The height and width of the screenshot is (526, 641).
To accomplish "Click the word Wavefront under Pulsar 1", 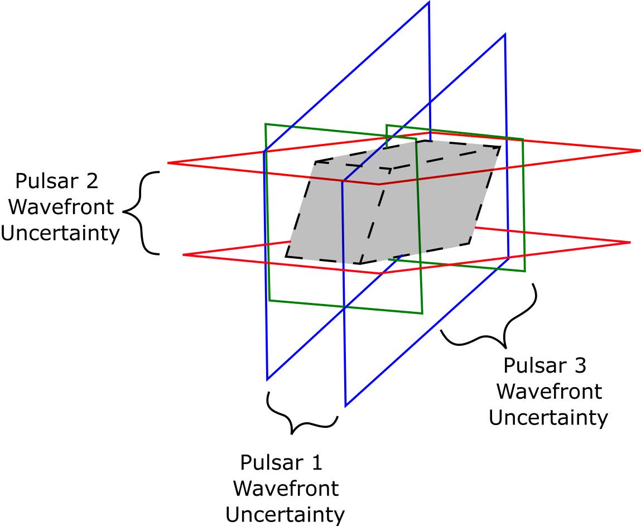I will pyautogui.click(x=286, y=489).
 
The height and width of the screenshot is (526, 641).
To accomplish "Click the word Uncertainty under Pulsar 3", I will pyautogui.click(x=548, y=417).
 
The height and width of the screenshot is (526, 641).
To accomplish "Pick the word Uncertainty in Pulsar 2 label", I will pyautogui.click(x=60, y=233).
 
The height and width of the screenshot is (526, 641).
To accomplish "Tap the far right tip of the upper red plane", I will pyautogui.click(x=640, y=151).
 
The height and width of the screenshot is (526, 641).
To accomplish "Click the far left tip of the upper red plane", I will pyautogui.click(x=168, y=162).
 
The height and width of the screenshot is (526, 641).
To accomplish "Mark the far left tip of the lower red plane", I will pyautogui.click(x=184, y=254).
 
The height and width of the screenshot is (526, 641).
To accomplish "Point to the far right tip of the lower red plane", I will pyautogui.click(x=630, y=242).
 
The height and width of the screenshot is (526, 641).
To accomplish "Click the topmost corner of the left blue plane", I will pyautogui.click(x=428, y=2).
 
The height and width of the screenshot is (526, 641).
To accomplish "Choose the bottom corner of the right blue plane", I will pyautogui.click(x=346, y=406).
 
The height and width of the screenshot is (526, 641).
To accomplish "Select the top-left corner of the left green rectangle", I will pyautogui.click(x=266, y=124).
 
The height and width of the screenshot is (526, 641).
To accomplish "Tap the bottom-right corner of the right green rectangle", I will pyautogui.click(x=525, y=271).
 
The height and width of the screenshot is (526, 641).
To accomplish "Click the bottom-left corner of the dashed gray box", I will pyautogui.click(x=286, y=257).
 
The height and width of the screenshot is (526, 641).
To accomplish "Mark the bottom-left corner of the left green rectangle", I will pyautogui.click(x=269, y=300).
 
